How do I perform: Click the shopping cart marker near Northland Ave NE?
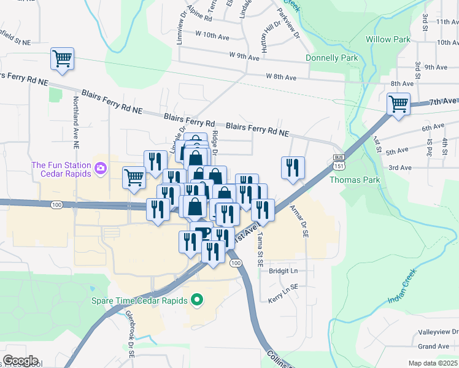[x=63, y=59]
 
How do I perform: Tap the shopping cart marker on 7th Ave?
[x=398, y=104]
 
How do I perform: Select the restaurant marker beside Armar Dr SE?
[x=293, y=167]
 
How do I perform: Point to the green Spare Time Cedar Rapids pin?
[x=197, y=301]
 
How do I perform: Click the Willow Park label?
[x=388, y=39]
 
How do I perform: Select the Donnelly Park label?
[x=331, y=58]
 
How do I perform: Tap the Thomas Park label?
[x=355, y=180]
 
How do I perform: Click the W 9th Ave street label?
[x=245, y=56]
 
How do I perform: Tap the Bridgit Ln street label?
[x=283, y=270]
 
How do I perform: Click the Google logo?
[x=20, y=361]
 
